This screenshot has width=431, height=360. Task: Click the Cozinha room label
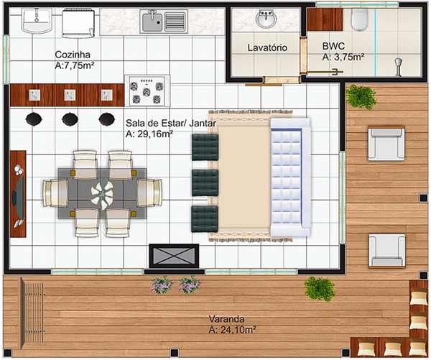coord(73,55)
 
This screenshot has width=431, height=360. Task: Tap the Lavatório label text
coord(267,47)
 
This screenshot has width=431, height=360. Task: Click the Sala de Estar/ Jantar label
coord(171,123)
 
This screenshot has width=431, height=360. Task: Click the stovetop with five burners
coord(147,91)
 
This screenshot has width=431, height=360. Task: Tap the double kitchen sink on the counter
coord(164,22)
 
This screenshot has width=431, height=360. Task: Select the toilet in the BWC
coord(360,19)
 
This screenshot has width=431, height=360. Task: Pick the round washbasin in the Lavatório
coord(266,19)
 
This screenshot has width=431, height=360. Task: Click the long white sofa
coord(290,177)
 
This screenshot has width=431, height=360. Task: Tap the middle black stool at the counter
coord(70,119)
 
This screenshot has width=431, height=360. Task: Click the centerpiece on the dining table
coord(102,195)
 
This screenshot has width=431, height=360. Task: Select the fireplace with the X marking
coord(174,256)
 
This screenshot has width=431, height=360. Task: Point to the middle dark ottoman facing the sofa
coord(205,183)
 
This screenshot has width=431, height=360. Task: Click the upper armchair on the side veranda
coord(386,143)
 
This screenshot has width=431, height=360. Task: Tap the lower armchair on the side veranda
coord(386,251)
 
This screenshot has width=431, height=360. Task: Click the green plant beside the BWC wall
coord(361,96)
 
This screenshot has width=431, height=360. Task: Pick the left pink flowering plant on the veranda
coord(162,285)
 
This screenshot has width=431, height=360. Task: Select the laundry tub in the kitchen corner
coord(37,21)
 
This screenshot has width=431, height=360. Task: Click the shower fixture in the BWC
coord(399,67)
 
